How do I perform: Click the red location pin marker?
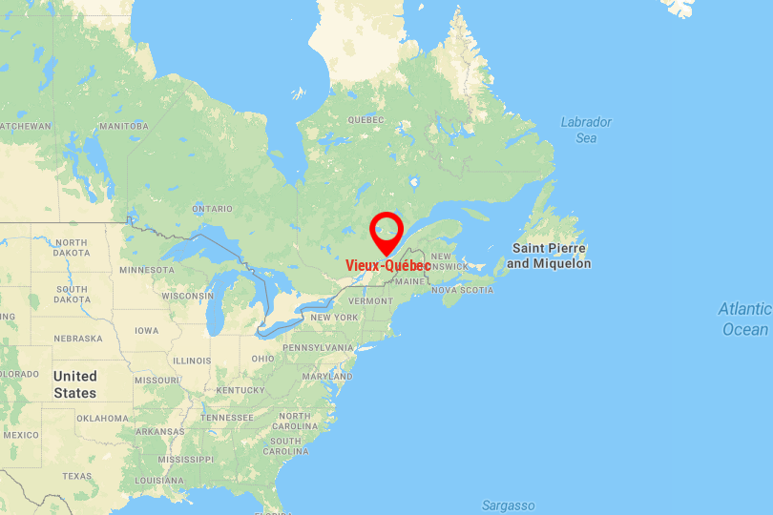coord(386,231)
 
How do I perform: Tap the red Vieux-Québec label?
coord(387,265)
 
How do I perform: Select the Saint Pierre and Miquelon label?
coord(551,256)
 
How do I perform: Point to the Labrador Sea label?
coord(585,130)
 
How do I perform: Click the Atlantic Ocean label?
coord(745,319)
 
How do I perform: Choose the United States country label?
coord(74,384)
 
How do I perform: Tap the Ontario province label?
coord(212,209)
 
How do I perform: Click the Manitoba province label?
coord(124,126)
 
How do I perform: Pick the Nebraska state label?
coord(78,339)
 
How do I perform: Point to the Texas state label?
coord(77,476)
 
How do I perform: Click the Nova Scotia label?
coord(463,290)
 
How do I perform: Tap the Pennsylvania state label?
coord(318,347)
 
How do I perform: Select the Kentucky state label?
coord(240,390)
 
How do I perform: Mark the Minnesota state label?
coord(147,270)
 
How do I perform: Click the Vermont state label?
coord(370,300)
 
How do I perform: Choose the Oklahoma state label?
coord(102,418)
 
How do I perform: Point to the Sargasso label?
coord(508,505)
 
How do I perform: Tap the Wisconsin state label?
coord(187,296)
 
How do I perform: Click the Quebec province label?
coord(365,120)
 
